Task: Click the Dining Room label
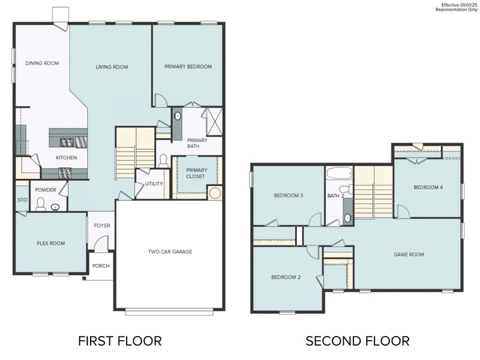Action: (42, 63)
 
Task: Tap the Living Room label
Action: (112, 67)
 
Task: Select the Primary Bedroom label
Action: (188, 67)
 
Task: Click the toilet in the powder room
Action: (41, 205)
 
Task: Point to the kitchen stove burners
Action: (65, 173)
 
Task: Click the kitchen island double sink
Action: (67, 142)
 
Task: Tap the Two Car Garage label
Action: (170, 251)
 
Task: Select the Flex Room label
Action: (51, 243)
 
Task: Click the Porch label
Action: (101, 266)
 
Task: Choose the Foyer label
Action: (101, 226)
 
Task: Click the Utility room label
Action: (154, 184)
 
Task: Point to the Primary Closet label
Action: (196, 173)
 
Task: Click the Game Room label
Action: (409, 254)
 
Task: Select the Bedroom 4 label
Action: (428, 187)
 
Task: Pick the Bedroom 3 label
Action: (289, 196)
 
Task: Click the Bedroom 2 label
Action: (286, 277)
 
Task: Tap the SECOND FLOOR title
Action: (358, 341)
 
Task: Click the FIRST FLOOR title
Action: (120, 341)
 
